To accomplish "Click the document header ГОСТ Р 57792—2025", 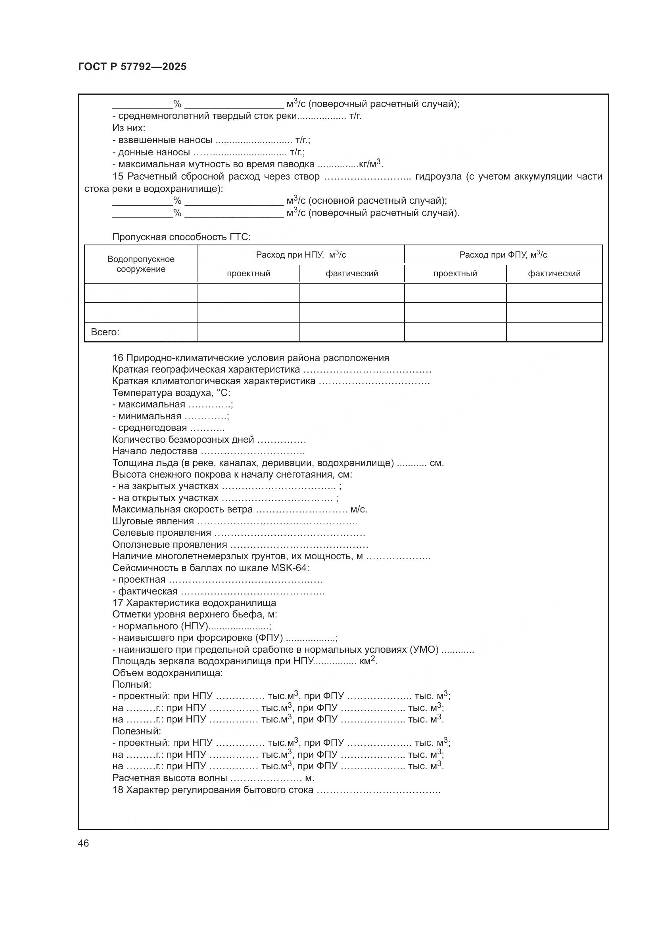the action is [x=132, y=67].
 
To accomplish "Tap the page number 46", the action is [x=84, y=843].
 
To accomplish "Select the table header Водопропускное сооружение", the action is [x=141, y=264].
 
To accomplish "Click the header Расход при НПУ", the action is [x=301, y=254].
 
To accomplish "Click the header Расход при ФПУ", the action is [x=503, y=254].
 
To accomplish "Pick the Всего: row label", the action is [x=105, y=332].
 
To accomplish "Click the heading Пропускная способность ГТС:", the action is [x=181, y=237].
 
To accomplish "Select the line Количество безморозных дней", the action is [x=183, y=439].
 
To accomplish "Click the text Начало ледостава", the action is [x=155, y=451].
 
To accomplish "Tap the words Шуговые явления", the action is [x=153, y=521].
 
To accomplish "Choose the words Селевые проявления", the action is [x=161, y=533].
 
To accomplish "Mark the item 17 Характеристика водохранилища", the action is [x=194, y=603].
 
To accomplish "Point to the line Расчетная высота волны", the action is [x=170, y=778].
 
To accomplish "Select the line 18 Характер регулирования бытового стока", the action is [x=213, y=790].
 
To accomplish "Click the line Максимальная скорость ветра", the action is [x=182, y=510].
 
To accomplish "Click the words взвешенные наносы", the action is [x=165, y=140].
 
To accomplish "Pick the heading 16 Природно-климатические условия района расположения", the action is [x=250, y=358].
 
